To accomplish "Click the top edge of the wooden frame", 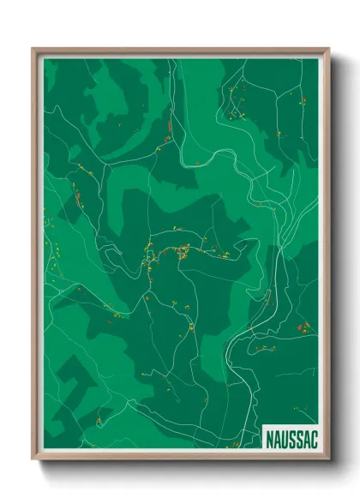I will pos(180,50).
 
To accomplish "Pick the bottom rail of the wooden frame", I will pos(180,459).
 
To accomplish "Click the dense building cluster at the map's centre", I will pos(167,252).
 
